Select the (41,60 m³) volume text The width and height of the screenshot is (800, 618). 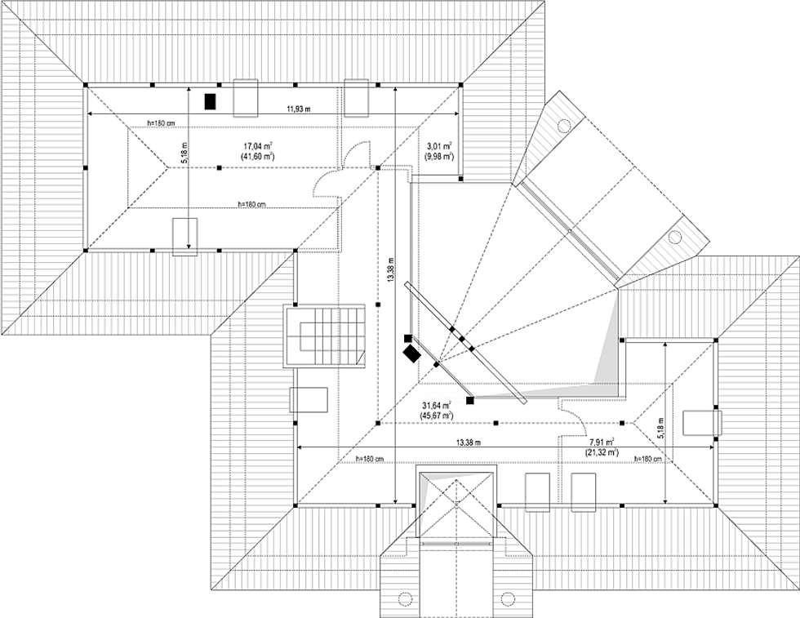click(257, 155)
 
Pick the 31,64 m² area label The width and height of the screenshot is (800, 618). click(438, 405)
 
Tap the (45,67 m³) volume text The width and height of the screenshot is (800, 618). click(438, 416)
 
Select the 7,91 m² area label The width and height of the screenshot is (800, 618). click(602, 442)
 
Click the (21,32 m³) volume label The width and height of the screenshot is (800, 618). click(602, 451)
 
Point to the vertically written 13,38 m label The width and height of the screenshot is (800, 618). click(393, 269)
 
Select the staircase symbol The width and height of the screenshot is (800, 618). click(324, 336)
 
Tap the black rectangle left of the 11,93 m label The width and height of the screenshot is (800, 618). click(210, 101)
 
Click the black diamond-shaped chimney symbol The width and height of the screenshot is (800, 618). click(411, 353)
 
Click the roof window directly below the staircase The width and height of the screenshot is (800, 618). click(309, 399)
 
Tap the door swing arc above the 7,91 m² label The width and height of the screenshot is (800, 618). click(573, 416)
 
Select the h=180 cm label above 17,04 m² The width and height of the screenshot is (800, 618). click(161, 122)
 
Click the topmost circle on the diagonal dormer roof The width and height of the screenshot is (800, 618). click(563, 125)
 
